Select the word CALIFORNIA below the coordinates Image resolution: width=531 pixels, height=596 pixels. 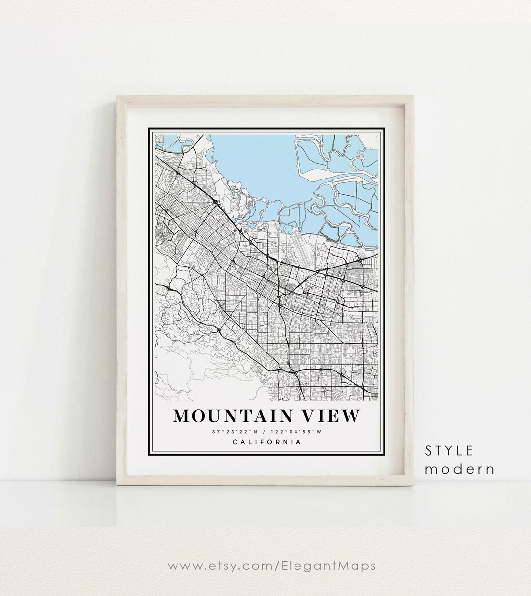click(x=266, y=442)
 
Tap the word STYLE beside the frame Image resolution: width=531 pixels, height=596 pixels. click(x=449, y=450)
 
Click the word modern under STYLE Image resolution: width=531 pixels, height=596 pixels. click(x=460, y=469)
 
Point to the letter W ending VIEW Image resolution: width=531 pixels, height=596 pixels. click(x=351, y=416)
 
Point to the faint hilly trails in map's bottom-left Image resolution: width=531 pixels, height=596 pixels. click(x=187, y=364)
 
